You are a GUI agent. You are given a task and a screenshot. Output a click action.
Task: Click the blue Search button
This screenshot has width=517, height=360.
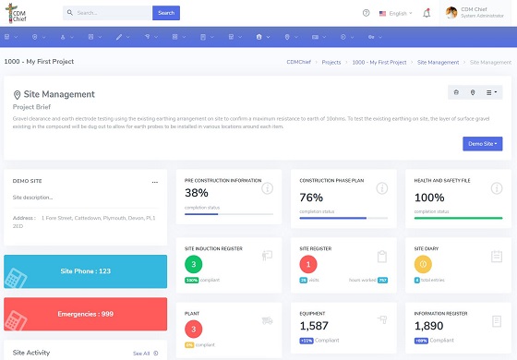coord(166,13)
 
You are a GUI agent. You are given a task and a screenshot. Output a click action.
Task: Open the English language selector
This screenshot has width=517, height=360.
coord(395,13)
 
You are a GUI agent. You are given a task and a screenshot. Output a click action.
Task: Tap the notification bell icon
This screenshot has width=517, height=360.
coord(427,13)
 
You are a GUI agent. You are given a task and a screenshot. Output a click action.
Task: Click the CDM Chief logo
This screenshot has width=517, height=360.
coord(21,13)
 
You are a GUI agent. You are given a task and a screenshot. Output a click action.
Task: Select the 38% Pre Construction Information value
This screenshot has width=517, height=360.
coord(197,194)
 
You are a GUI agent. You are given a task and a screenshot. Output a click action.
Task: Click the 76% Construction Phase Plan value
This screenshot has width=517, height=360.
coord(311,197)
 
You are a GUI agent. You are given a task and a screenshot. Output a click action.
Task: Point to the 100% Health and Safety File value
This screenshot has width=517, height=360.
coord(429,197)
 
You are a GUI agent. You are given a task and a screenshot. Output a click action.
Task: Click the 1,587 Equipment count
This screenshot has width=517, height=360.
coord(316,326)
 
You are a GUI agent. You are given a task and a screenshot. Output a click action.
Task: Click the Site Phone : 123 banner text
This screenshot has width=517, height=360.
coord(85,271)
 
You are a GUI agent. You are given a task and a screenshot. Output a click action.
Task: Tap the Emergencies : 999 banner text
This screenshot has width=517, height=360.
coord(86,314)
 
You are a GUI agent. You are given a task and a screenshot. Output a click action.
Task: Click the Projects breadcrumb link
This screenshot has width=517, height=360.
coord(331,62)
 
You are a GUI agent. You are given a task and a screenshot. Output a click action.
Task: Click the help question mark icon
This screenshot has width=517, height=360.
coord(366,13)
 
